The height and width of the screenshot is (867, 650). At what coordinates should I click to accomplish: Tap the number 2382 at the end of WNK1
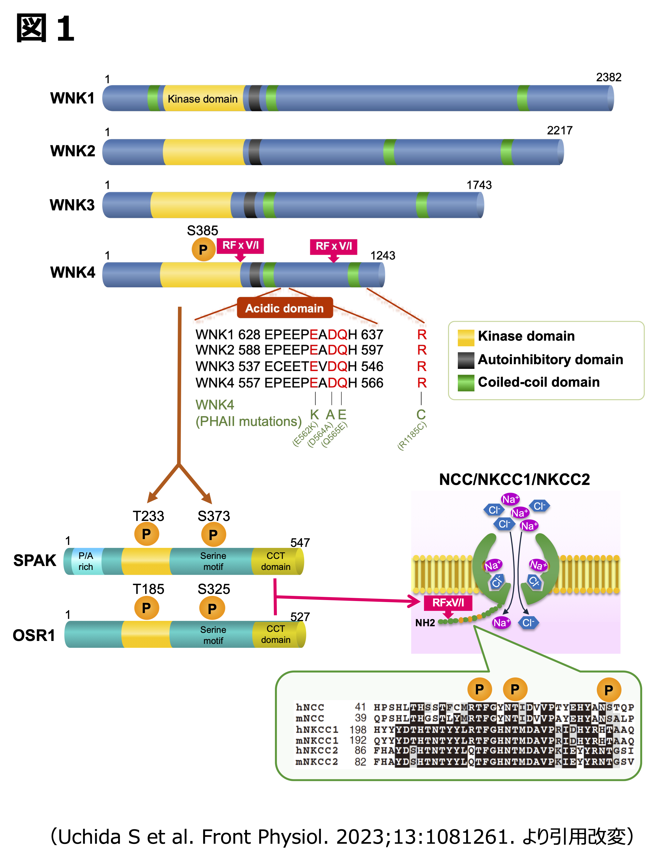(608, 77)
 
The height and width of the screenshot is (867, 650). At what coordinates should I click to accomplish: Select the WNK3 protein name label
(72, 205)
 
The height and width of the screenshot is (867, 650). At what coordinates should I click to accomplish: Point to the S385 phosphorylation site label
(202, 230)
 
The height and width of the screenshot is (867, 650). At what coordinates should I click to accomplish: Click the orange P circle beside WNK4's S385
(203, 249)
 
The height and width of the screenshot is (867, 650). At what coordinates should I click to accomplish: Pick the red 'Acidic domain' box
(284, 308)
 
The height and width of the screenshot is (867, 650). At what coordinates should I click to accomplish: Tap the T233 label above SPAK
(148, 516)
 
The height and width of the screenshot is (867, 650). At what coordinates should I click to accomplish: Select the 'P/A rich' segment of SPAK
(85, 561)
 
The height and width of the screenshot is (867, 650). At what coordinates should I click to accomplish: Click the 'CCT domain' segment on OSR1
(276, 634)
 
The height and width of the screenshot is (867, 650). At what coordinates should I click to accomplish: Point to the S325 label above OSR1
(213, 589)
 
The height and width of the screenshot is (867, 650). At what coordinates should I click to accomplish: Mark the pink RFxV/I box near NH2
(448, 603)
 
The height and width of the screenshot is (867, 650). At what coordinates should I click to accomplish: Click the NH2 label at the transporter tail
(425, 623)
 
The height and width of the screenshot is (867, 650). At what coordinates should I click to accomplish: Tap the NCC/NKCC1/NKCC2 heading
(514, 479)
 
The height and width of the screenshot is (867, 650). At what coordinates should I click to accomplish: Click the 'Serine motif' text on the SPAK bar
(213, 561)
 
